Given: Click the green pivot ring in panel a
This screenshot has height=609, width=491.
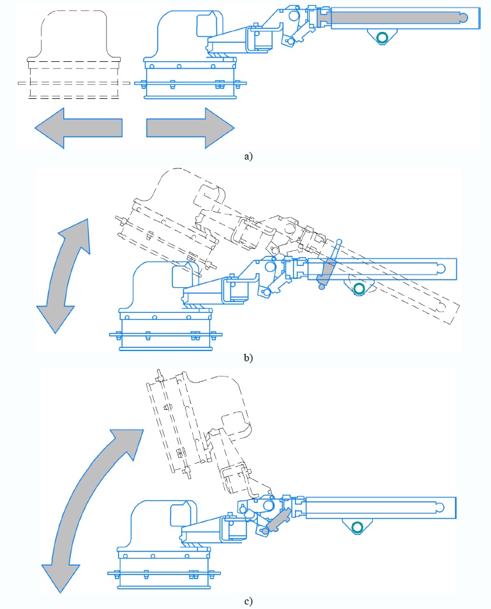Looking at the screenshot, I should [x=382, y=38].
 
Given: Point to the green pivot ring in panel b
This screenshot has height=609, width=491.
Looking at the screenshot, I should [x=359, y=289].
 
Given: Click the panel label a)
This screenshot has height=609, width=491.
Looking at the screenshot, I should [x=248, y=156].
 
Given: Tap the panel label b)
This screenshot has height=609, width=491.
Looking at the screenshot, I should [x=248, y=358].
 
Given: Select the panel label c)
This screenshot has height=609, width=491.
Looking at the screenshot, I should [x=248, y=600].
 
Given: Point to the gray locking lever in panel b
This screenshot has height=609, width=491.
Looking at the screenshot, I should [x=328, y=271].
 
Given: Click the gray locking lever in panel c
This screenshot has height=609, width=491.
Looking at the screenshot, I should [x=278, y=520].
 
